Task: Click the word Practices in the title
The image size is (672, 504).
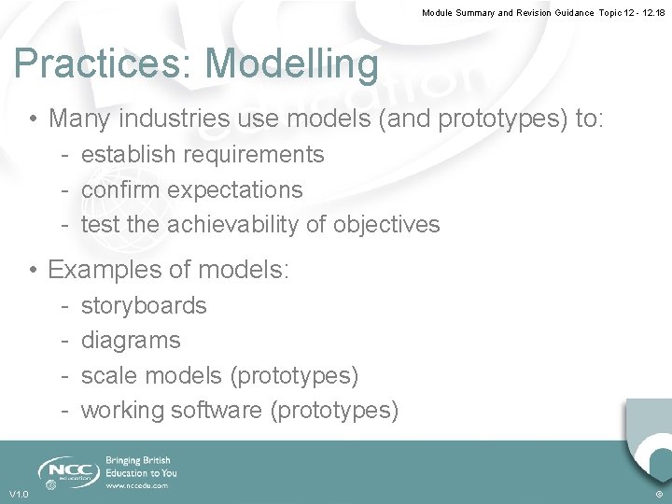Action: (104, 64)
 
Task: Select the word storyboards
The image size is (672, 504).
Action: (144, 305)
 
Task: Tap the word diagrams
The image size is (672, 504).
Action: (131, 341)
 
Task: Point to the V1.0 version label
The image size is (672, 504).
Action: (19, 494)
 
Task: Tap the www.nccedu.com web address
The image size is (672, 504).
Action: (137, 485)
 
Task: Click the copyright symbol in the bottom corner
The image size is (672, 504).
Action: (659, 494)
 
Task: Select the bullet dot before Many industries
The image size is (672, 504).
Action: (33, 119)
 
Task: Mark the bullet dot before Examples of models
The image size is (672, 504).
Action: (33, 271)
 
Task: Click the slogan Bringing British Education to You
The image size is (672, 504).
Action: (141, 467)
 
